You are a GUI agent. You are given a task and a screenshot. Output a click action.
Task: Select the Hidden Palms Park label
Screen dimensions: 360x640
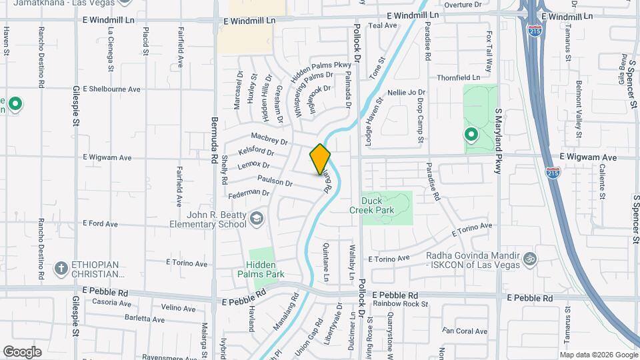point(261,269)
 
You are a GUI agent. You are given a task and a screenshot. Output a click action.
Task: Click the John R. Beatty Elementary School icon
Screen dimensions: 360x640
point(257,218)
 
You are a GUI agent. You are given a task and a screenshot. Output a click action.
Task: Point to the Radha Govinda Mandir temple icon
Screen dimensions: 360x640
point(530,258)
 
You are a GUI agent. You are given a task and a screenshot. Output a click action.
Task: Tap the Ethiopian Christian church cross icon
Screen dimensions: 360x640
point(61,268)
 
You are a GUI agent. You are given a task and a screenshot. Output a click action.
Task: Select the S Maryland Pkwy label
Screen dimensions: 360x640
point(497,141)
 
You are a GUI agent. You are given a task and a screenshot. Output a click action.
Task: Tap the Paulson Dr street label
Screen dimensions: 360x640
point(275,181)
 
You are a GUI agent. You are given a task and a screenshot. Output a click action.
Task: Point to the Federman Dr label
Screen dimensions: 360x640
point(248,193)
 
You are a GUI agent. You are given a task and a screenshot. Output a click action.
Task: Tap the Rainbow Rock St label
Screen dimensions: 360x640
point(400,304)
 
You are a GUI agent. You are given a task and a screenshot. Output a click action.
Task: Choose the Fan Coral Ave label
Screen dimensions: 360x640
point(465,331)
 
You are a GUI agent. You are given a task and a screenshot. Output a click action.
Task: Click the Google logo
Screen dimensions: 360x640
point(22,352)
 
